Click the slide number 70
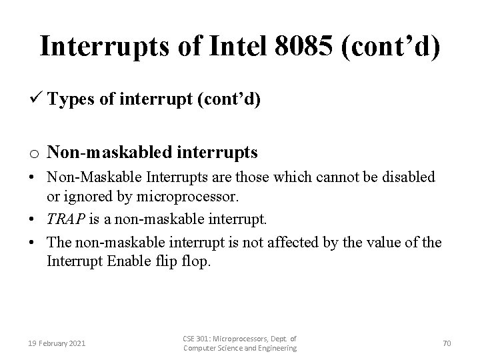pyautogui.click(x=447, y=343)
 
